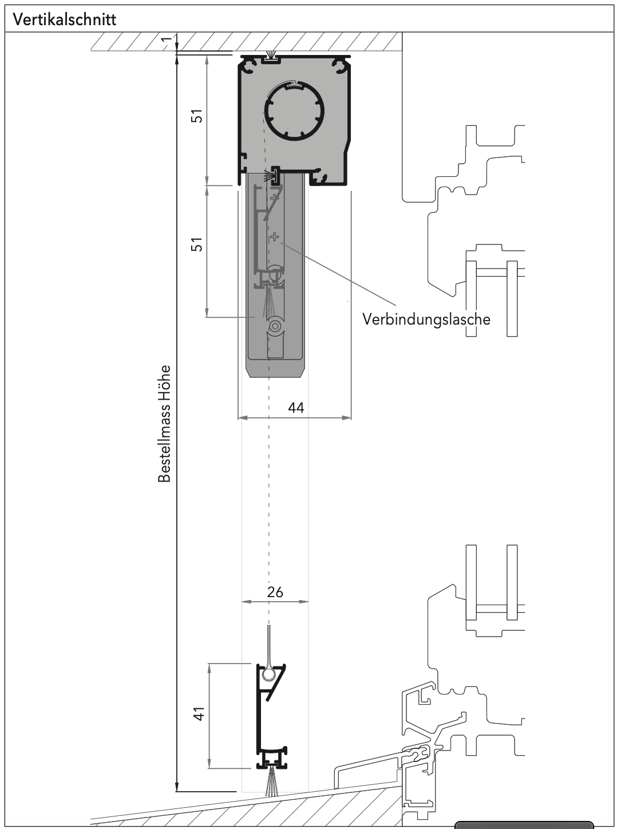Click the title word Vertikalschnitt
(x=65, y=19)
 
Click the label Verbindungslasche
(x=426, y=319)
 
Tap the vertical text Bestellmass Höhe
(x=165, y=424)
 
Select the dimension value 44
(x=296, y=408)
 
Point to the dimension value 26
(x=275, y=592)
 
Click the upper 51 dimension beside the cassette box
(x=197, y=117)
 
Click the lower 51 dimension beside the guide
(x=197, y=245)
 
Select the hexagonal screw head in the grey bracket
(x=276, y=326)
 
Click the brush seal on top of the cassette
(x=271, y=56)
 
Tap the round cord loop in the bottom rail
(x=268, y=675)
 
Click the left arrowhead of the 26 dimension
(x=244, y=602)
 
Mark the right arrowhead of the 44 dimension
(x=348, y=418)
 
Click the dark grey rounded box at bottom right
(x=524, y=825)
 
